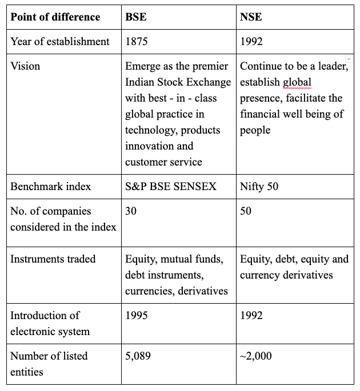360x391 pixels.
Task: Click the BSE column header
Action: tap(136, 17)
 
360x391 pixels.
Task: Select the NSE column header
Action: tap(251, 17)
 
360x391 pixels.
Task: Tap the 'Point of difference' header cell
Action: tap(55, 17)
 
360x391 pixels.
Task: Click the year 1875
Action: tap(137, 41)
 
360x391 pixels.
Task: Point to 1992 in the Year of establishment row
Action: tap(252, 41)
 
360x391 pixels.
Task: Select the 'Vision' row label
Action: tap(25, 66)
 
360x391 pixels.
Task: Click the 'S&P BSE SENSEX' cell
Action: tap(171, 187)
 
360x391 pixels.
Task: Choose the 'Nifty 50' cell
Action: tap(259, 187)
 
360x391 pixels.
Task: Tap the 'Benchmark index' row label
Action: tap(50, 187)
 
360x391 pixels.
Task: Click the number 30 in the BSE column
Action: tap(131, 211)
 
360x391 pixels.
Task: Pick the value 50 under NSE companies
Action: tap(246, 211)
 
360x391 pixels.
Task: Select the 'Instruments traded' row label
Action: tap(53, 259)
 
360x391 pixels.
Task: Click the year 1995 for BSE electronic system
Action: tap(137, 315)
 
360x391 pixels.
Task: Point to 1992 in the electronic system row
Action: tap(252, 315)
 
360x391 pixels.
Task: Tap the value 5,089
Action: tap(138, 356)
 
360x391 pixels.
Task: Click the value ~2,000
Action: tap(256, 356)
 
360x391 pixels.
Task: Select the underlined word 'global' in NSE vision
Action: tap(297, 82)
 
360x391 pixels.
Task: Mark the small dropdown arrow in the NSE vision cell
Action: tap(349, 59)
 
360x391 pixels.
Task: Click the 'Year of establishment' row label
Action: tap(60, 41)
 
